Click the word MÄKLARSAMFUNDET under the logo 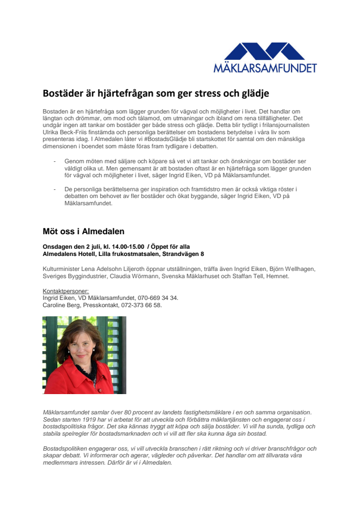click(265, 68)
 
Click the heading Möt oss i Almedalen click(83, 231)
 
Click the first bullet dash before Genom click(55, 161)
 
